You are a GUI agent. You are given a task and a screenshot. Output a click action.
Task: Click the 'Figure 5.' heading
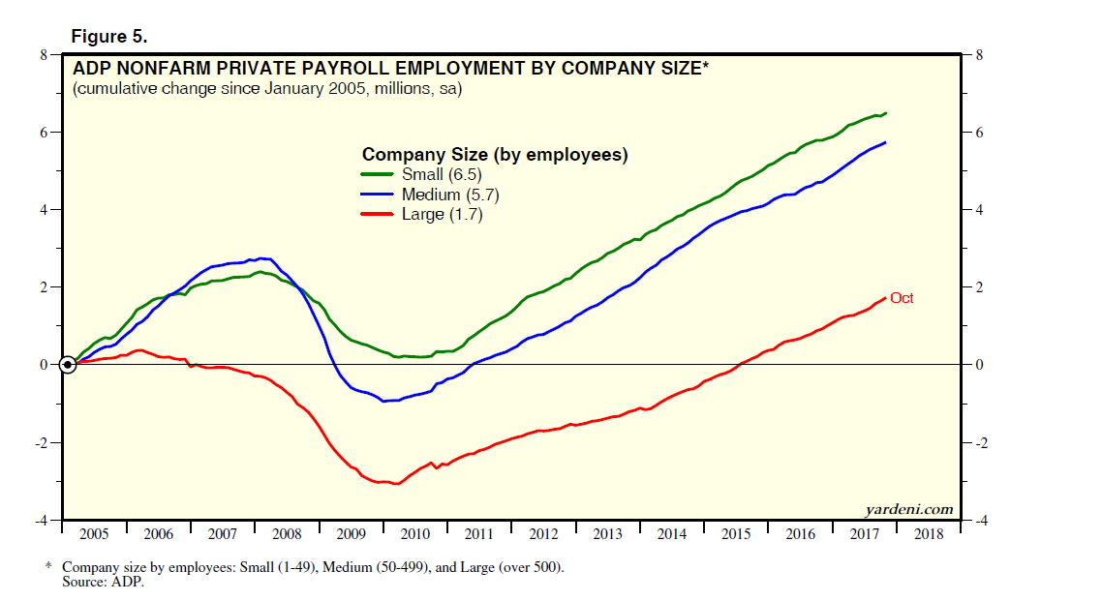click(x=108, y=37)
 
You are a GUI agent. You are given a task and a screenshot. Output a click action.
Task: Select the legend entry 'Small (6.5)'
click(x=441, y=174)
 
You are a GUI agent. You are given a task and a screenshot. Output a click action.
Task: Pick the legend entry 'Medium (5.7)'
click(x=449, y=195)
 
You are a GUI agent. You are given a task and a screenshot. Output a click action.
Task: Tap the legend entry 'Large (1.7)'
click(x=442, y=215)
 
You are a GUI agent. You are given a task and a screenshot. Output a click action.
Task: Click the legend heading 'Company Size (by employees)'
click(x=495, y=154)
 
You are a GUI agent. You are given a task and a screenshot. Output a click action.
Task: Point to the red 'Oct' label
click(x=902, y=298)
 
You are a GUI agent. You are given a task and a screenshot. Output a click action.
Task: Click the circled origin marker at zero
click(x=67, y=365)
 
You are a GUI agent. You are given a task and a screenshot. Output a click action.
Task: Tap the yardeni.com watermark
click(x=908, y=509)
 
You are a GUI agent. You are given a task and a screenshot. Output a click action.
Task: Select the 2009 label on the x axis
click(x=351, y=534)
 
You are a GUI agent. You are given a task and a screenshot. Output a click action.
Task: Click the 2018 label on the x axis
click(x=928, y=534)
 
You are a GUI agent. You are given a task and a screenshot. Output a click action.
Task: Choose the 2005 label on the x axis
click(x=94, y=534)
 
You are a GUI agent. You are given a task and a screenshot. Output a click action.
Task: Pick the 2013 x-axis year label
click(x=607, y=534)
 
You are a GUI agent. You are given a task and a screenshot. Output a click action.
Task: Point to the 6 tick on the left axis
click(x=44, y=133)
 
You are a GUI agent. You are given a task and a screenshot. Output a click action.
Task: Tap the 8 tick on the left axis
click(x=44, y=55)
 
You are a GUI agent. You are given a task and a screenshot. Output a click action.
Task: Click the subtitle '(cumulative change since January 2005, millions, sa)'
click(x=267, y=90)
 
